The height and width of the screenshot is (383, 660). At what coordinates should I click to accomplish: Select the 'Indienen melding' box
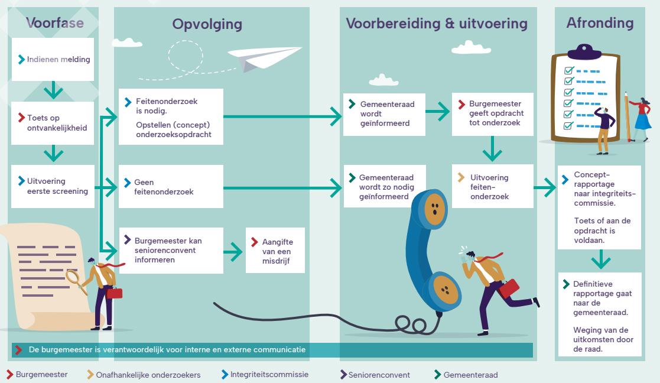click(54, 59)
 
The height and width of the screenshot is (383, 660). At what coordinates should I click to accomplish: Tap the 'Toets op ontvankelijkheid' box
click(54, 122)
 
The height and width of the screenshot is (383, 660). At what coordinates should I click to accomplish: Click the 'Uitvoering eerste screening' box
click(54, 186)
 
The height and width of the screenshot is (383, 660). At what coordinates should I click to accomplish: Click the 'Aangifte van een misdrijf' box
click(275, 251)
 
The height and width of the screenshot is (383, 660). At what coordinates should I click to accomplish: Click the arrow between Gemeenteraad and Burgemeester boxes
click(438, 109)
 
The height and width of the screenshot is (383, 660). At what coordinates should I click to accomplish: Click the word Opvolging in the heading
click(207, 25)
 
